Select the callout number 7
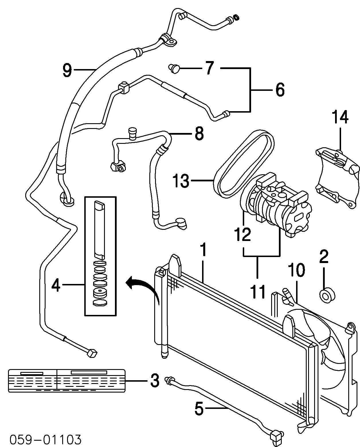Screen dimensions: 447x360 210,68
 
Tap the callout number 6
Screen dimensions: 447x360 279,90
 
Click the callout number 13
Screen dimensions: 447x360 181,181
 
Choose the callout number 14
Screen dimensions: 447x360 340,117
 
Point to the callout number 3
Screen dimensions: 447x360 154,381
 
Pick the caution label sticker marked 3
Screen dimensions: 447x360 66,380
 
